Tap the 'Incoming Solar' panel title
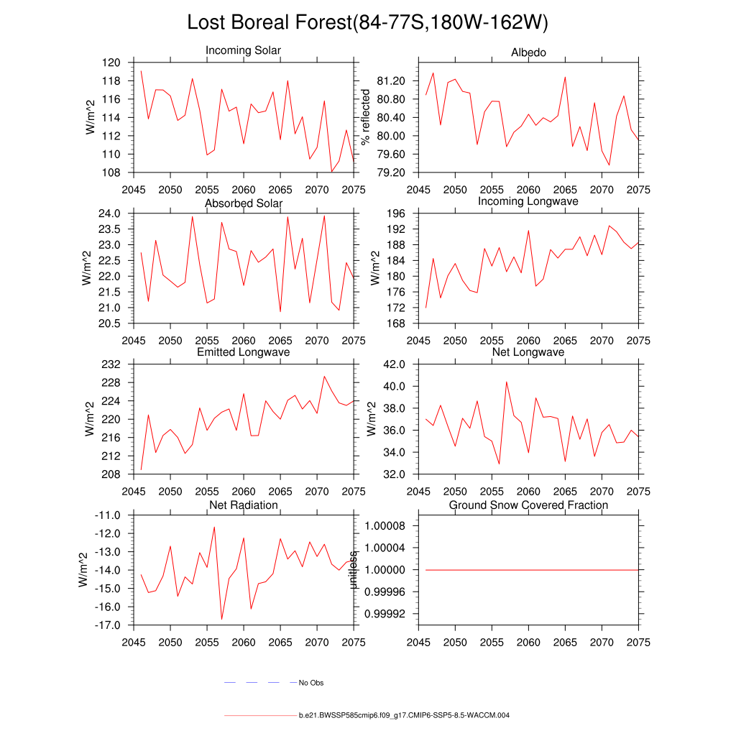tap(243, 50)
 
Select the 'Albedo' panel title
tap(528, 52)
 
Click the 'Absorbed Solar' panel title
tap(243, 203)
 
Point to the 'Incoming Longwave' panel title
tap(528, 201)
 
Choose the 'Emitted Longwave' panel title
tap(243, 352)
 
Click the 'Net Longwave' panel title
tap(528, 352)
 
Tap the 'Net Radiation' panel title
tap(243, 505)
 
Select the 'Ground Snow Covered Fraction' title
tap(528, 505)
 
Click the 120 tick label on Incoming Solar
tap(111, 63)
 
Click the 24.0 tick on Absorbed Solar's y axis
tap(109, 213)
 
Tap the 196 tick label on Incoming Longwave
tap(399, 213)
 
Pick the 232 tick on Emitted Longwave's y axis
tap(111, 364)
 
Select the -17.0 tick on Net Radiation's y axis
tap(107, 625)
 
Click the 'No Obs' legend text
tap(311, 683)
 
